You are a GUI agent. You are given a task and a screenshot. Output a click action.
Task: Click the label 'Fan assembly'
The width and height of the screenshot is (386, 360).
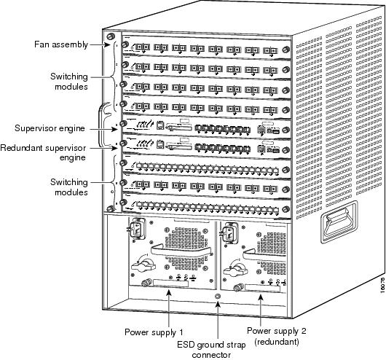pos(61,44)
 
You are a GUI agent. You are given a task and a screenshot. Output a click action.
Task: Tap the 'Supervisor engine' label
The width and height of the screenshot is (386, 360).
pos(50,128)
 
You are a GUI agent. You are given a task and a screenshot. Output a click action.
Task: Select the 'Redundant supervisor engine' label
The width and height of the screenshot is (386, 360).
pos(43,152)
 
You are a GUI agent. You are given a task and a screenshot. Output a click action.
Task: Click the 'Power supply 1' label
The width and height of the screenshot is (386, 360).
pos(154,332)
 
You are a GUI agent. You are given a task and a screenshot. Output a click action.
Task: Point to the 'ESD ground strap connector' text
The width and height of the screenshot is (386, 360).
pos(211,350)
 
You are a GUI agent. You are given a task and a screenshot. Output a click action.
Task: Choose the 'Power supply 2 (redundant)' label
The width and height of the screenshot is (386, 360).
pos(277,336)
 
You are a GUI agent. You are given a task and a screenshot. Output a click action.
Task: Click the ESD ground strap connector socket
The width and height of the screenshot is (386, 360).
pos(218,297)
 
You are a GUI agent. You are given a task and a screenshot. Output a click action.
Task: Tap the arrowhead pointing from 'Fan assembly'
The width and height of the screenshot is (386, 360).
pos(107,45)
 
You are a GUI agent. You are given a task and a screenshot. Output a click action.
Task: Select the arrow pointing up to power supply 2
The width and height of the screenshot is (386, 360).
pos(261,310)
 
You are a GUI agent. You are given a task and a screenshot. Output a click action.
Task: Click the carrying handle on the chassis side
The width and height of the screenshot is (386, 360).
pos(339,222)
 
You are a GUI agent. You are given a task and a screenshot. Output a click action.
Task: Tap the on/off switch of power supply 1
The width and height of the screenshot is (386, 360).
pos(143,265)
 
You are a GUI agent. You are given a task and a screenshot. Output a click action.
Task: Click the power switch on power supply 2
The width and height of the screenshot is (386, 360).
pos(235,270)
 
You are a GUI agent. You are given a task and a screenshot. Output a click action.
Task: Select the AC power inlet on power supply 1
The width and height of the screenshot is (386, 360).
pos(136,230)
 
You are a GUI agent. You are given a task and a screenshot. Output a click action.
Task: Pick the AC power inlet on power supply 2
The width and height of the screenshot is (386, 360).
pos(230,233)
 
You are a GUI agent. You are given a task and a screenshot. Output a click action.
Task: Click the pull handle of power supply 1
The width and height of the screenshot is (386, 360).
pos(181,250)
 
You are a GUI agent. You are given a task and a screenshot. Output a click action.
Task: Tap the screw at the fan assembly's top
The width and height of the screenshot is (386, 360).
pos(111,36)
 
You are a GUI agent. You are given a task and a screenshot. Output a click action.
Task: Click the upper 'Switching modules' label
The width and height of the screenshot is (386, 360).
pos(69,82)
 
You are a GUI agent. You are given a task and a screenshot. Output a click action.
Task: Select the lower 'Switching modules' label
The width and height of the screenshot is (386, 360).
pos(69,187)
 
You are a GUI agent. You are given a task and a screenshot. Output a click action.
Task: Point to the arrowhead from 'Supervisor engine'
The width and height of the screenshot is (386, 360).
pos(114,129)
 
